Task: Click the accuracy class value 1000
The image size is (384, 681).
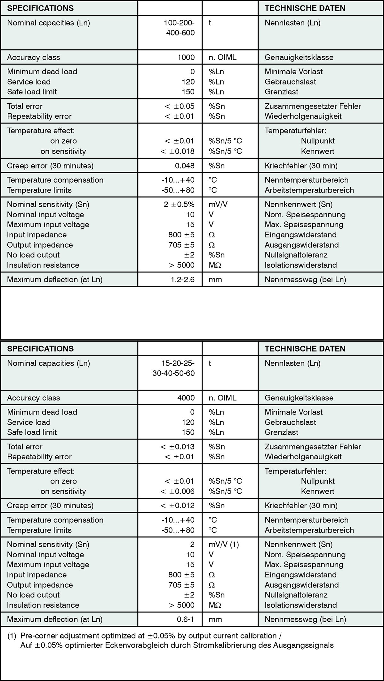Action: pos(186,57)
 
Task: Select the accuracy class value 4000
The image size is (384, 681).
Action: pos(186,398)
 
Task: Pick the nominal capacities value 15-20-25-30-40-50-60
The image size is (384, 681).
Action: pos(174,368)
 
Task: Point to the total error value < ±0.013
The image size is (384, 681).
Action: pos(178,447)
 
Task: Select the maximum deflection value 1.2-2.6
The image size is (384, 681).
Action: pos(182,280)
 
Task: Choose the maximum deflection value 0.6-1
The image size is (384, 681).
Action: pos(186,619)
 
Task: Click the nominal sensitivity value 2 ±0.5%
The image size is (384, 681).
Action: pos(179,204)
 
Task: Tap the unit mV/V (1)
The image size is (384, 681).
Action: pos(224,544)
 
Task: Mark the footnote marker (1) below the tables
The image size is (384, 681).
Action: pos(12,636)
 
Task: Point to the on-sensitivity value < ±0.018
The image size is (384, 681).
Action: pos(178,151)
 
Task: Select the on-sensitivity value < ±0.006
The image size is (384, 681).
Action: pos(178,491)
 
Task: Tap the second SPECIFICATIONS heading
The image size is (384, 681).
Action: pos(40,348)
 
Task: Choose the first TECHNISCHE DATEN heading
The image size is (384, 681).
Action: pos(305,8)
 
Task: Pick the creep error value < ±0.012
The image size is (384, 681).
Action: pos(178,505)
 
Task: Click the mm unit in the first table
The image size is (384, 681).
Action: pos(215,280)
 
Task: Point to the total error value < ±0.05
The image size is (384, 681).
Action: pos(180,106)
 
